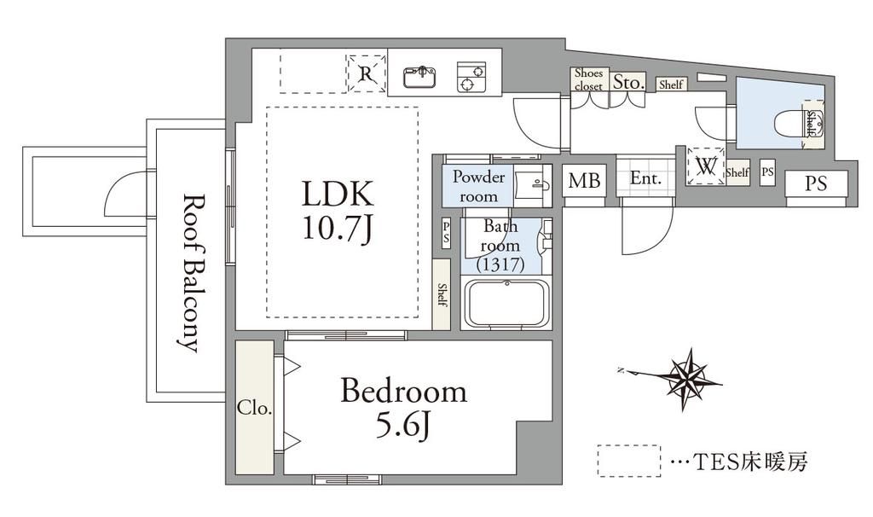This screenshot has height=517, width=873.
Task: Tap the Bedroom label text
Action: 403,391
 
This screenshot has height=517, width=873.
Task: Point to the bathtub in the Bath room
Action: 506,303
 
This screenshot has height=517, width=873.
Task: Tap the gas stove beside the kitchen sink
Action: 471,77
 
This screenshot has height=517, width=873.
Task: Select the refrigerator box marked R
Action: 366,73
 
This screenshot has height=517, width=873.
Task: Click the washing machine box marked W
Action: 706,166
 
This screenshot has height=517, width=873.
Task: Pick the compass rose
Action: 687,380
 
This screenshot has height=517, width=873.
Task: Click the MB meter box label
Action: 584,181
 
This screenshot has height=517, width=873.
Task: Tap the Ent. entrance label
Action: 646,179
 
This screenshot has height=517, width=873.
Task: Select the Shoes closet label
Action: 588,79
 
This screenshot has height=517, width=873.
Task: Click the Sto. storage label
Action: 628,83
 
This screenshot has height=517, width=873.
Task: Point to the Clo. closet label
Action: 254,408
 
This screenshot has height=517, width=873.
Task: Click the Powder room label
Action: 478,186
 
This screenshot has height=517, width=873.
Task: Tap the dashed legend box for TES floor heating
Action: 629,461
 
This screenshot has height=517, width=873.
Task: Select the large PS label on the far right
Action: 816,183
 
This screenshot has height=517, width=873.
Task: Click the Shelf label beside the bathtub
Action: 442,294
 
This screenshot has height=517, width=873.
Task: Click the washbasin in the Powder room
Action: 532,184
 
